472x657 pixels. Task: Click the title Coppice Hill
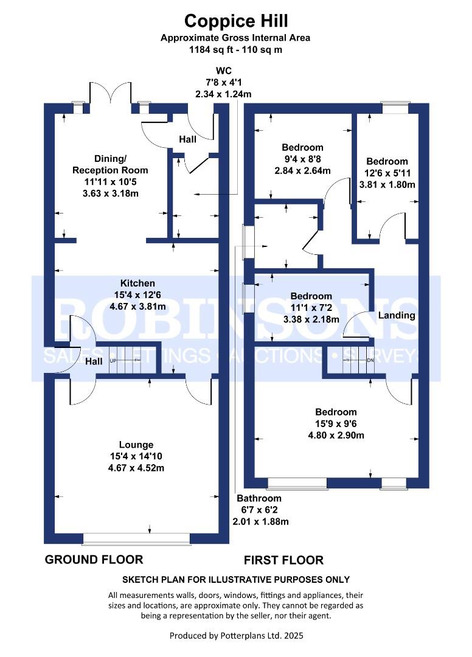click(x=236, y=21)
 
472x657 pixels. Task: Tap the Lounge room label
click(x=136, y=445)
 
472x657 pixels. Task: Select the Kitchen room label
click(x=137, y=283)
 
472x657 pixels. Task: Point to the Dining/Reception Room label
click(x=110, y=164)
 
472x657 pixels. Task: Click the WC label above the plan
click(x=223, y=71)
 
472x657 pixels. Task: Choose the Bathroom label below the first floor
click(x=259, y=498)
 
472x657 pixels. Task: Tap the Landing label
click(x=397, y=315)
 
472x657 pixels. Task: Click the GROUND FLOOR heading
click(x=94, y=560)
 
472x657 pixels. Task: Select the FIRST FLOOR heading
click(x=283, y=560)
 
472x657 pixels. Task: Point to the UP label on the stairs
click(x=113, y=360)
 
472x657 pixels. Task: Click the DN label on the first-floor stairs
click(x=370, y=360)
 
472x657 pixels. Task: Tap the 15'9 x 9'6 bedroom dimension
click(x=336, y=423)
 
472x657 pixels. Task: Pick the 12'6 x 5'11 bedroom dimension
click(x=387, y=173)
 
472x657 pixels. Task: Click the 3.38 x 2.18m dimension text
click(x=311, y=319)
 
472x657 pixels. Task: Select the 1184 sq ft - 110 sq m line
click(x=235, y=49)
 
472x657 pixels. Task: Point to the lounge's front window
click(x=137, y=539)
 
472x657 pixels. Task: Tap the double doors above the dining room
click(x=110, y=93)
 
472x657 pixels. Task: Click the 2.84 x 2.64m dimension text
click(x=302, y=170)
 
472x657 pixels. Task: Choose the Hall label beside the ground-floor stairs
click(x=94, y=361)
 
